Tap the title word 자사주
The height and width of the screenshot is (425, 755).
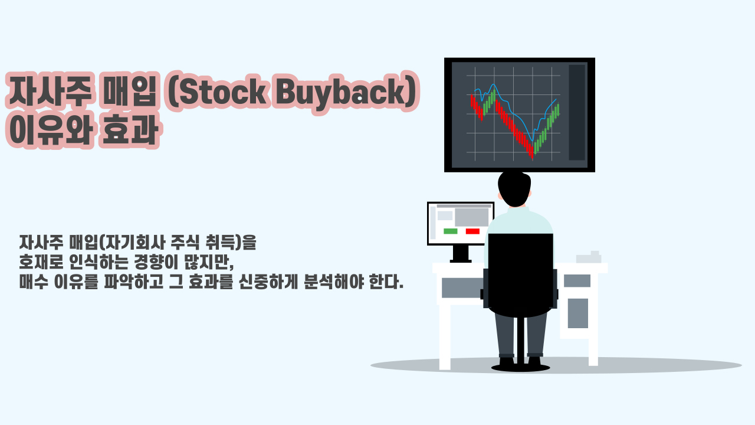(50, 91)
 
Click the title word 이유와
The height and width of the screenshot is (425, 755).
(51, 130)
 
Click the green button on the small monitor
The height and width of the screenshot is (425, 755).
(450, 231)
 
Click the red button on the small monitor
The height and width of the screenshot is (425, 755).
(472, 231)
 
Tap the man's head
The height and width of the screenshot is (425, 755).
(514, 189)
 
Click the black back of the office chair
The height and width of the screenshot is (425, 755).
(520, 275)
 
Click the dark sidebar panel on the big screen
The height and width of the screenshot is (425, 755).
(577, 112)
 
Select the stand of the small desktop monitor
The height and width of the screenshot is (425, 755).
(461, 254)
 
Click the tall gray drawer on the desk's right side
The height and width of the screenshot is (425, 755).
(577, 313)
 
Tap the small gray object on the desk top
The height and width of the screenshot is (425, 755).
(589, 257)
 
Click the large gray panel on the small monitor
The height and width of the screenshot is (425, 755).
(471, 217)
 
